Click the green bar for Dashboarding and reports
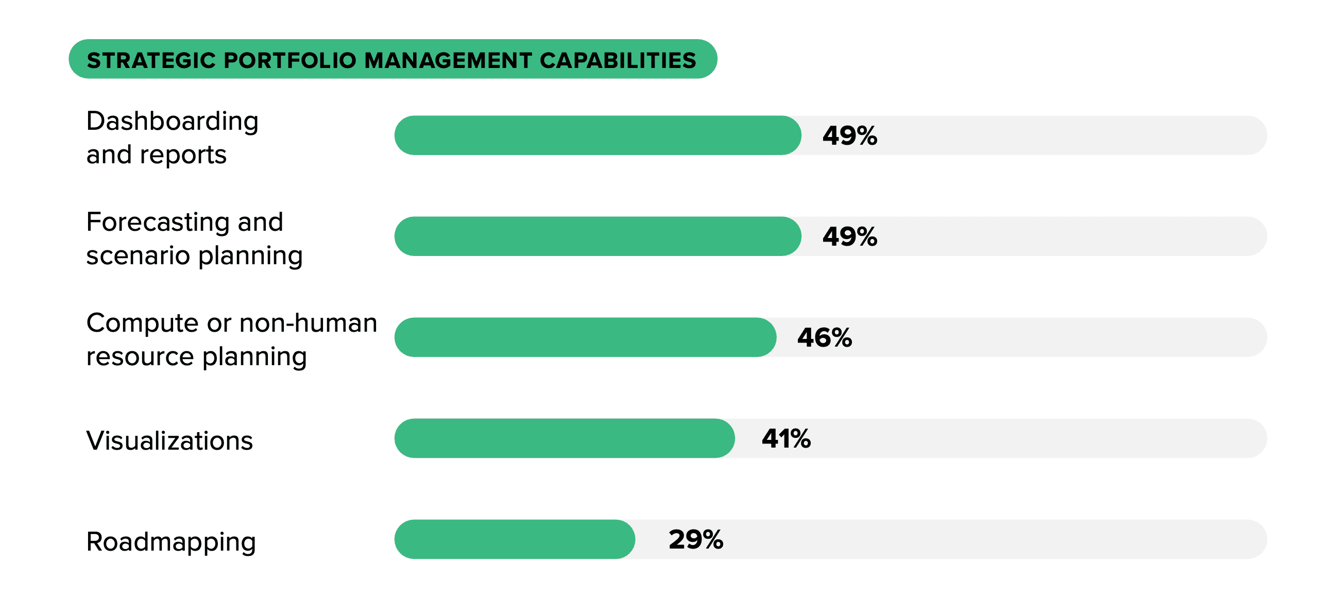tap(597, 135)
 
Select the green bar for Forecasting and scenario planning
tap(597, 236)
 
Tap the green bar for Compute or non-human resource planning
tap(585, 337)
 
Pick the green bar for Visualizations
tap(564, 438)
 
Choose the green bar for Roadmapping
tap(515, 539)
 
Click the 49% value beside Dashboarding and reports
tap(850, 135)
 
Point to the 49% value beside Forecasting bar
tap(850, 236)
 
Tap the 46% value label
tap(824, 337)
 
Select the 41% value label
tap(786, 438)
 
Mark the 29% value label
tap(695, 539)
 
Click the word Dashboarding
tap(173, 122)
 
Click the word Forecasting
tap(157, 223)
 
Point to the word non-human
tap(308, 323)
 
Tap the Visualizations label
tap(170, 440)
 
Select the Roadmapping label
tap(171, 542)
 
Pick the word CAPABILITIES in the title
tap(618, 60)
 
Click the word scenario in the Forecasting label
tap(138, 255)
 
